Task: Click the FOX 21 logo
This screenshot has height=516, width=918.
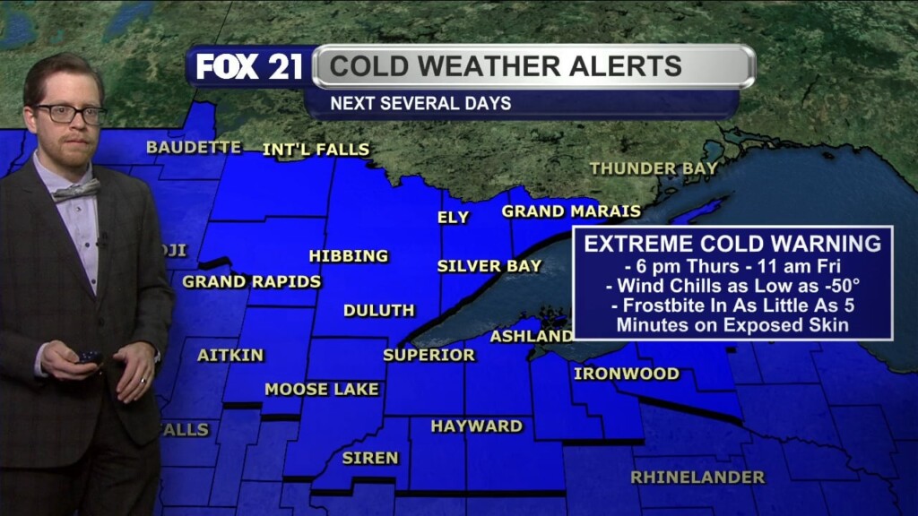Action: click(249, 67)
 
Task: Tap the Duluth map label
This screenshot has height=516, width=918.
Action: click(379, 310)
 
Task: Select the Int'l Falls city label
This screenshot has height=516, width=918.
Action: click(316, 150)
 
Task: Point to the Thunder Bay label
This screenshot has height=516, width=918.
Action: click(654, 168)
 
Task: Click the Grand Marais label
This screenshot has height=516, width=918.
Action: click(571, 211)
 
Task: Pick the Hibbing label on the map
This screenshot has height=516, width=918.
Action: click(349, 256)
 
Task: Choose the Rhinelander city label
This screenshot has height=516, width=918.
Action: click(698, 477)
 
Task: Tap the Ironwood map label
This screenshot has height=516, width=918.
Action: click(627, 374)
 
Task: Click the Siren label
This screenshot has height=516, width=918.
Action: click(370, 458)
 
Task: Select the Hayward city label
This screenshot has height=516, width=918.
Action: click(477, 426)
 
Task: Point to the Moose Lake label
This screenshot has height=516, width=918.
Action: click(322, 390)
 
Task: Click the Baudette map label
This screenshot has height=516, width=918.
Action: click(194, 147)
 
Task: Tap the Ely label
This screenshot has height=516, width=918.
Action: click(453, 218)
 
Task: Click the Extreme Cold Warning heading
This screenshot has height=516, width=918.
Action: click(732, 244)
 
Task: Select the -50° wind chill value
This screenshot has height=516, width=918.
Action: click(839, 286)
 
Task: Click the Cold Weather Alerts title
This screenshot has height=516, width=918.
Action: click(506, 66)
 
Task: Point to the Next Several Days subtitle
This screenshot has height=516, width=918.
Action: click(420, 103)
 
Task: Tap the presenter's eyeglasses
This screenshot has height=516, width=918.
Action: click(69, 114)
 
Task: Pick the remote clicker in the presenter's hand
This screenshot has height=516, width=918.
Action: click(89, 356)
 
